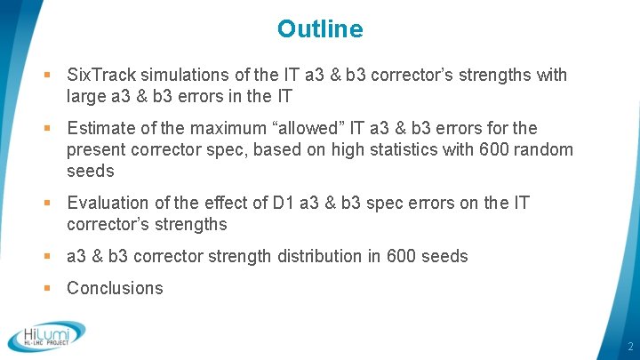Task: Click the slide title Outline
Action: click(320, 29)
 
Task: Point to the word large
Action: click(87, 96)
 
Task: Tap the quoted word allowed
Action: click(337, 129)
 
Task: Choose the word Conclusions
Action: click(116, 288)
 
